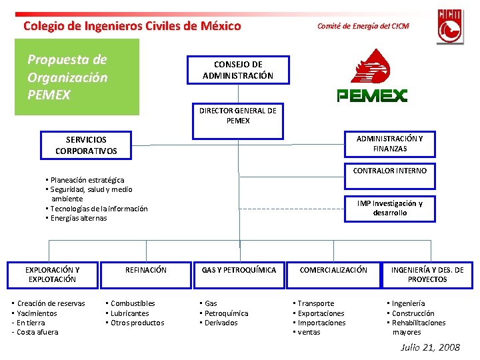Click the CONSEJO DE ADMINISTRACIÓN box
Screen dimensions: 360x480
pyautogui.click(x=238, y=70)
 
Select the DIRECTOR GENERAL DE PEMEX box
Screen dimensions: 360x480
pyautogui.click(x=238, y=115)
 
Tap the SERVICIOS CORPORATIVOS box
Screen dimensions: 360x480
pyautogui.click(x=86, y=145)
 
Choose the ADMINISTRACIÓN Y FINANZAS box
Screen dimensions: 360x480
pyautogui.click(x=389, y=143)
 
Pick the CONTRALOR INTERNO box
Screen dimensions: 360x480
pyautogui.click(x=389, y=171)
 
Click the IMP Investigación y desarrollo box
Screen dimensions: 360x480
pyautogui.click(x=389, y=208)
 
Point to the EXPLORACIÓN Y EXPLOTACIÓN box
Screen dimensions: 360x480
pyautogui.click(x=52, y=274)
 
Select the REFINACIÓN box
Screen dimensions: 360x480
pyautogui.click(x=146, y=270)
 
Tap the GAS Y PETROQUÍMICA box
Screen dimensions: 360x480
pyautogui.click(x=239, y=270)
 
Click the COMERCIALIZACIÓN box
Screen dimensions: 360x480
pyautogui.click(x=333, y=270)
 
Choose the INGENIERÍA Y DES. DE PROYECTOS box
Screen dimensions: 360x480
pyautogui.click(x=427, y=274)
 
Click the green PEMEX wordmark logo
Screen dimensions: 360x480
pyautogui.click(x=372, y=95)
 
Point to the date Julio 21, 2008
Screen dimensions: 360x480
pyautogui.click(x=430, y=347)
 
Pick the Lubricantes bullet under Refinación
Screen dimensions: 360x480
pyautogui.click(x=130, y=313)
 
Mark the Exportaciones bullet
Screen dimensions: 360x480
pyautogui.click(x=321, y=313)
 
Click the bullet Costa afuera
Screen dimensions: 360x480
pyautogui.click(x=37, y=332)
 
